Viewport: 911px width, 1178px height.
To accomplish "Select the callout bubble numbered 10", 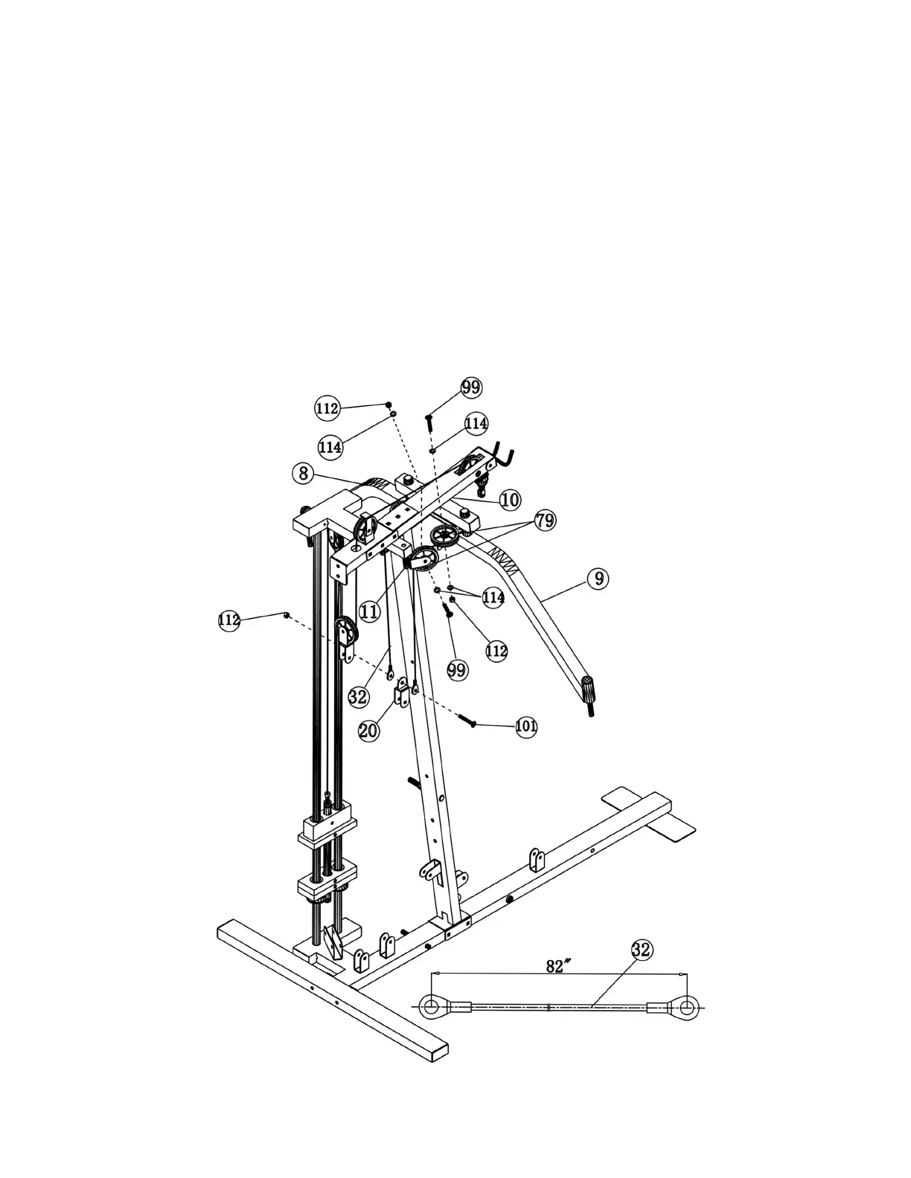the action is (510, 500).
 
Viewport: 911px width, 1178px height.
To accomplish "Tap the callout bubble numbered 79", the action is (546, 520).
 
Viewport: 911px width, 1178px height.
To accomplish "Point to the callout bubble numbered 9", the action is (598, 578).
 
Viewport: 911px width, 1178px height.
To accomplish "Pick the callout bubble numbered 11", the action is (369, 611).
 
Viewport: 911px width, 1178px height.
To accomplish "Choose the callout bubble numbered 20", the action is (368, 730).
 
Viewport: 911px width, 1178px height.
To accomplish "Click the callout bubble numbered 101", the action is (526, 726).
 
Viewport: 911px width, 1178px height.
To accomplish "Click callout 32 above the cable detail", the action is (642, 950).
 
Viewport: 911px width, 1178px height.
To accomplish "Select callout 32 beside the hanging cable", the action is (358, 697).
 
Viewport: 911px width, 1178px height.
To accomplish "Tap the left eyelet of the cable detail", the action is (430, 1008).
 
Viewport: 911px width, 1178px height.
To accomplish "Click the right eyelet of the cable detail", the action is (685, 1008).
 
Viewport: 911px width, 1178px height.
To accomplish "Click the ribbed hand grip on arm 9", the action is (589, 690).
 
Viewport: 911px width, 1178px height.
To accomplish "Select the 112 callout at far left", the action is (229, 620).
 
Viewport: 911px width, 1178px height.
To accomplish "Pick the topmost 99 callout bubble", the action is (471, 387).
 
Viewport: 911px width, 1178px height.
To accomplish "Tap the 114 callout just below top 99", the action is (476, 423).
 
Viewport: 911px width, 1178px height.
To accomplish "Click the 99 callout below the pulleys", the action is (458, 669).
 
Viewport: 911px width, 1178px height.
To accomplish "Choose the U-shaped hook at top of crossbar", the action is (504, 457).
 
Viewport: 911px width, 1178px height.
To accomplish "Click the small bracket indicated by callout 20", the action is (402, 695).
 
